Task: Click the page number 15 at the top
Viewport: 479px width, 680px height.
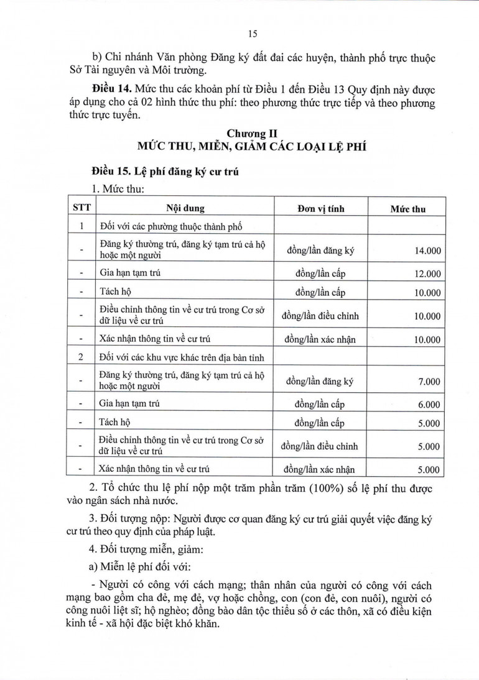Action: pos(253,34)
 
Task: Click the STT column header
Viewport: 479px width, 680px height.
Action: pos(81,208)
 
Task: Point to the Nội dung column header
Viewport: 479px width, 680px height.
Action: pos(185,208)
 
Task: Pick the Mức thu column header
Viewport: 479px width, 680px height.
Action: pos(407,209)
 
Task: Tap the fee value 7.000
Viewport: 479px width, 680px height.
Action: pos(429,382)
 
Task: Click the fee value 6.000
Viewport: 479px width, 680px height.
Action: pos(429,404)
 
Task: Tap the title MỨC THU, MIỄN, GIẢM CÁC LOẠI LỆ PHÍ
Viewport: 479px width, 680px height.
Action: pos(252,147)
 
